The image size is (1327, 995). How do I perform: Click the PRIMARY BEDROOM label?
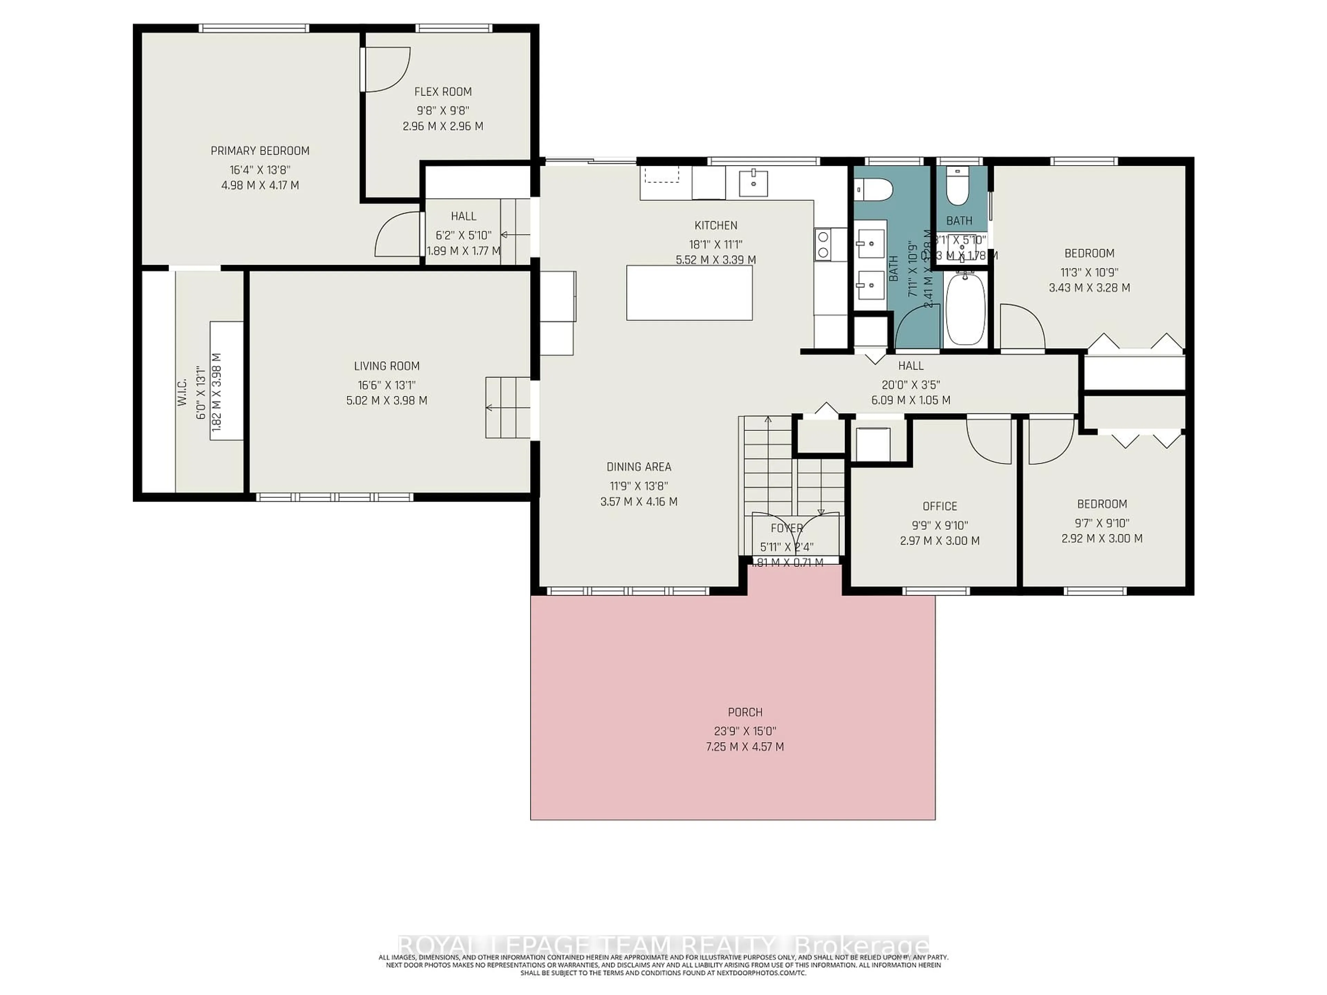click(260, 151)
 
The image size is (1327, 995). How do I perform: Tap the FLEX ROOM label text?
click(443, 92)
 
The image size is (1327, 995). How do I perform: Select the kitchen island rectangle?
click(689, 293)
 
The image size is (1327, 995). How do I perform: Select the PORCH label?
click(745, 712)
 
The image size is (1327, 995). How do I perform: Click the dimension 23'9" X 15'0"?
click(745, 731)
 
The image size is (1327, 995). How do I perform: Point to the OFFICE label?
click(940, 506)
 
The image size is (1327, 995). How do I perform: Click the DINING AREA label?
click(638, 467)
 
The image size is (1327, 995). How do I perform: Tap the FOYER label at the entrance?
click(786, 528)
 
